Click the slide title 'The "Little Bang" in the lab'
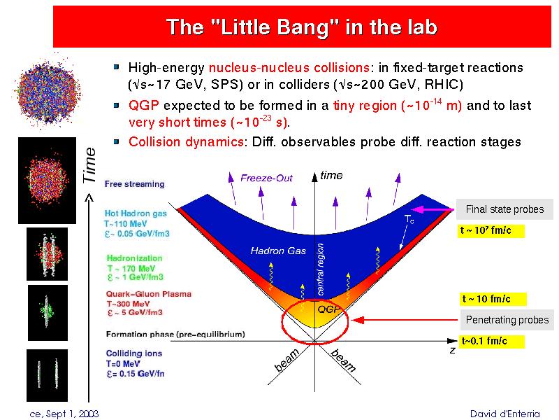click(x=302, y=27)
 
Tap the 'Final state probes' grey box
click(x=504, y=209)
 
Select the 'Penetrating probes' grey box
click(x=507, y=320)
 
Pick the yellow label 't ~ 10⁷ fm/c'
click(x=491, y=231)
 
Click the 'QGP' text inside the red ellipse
click(x=328, y=309)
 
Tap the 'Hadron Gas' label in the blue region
click(x=278, y=251)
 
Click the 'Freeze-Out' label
click(x=266, y=178)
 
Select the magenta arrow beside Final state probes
click(x=433, y=209)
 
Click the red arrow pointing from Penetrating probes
click(x=405, y=320)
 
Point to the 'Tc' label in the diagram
click(x=409, y=219)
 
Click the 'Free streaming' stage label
click(x=134, y=184)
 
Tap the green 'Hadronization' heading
click(x=134, y=258)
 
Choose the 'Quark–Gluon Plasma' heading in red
click(x=149, y=294)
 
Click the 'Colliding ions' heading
click(x=134, y=353)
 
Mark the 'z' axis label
click(x=452, y=351)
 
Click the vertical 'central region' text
click(x=321, y=269)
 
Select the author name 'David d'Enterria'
click(x=504, y=414)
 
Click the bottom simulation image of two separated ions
click(x=47, y=375)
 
